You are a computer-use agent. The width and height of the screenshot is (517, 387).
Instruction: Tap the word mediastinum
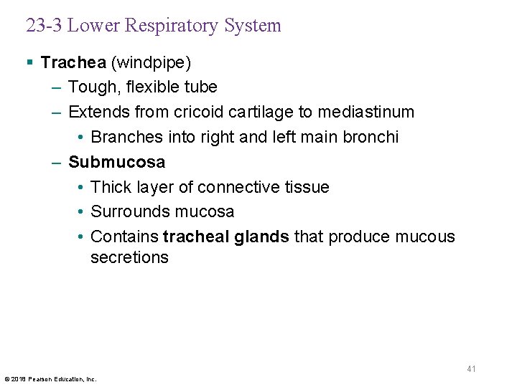[x=366, y=113]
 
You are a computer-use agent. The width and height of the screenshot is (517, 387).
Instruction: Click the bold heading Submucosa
[x=116, y=162]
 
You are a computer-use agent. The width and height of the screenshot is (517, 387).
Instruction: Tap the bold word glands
[x=261, y=236]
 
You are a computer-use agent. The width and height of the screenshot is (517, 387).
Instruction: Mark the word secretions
[x=129, y=258]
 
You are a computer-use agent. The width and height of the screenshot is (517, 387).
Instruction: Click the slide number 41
[x=472, y=368]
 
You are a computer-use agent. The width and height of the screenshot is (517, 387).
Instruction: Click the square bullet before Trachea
[x=29, y=63]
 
